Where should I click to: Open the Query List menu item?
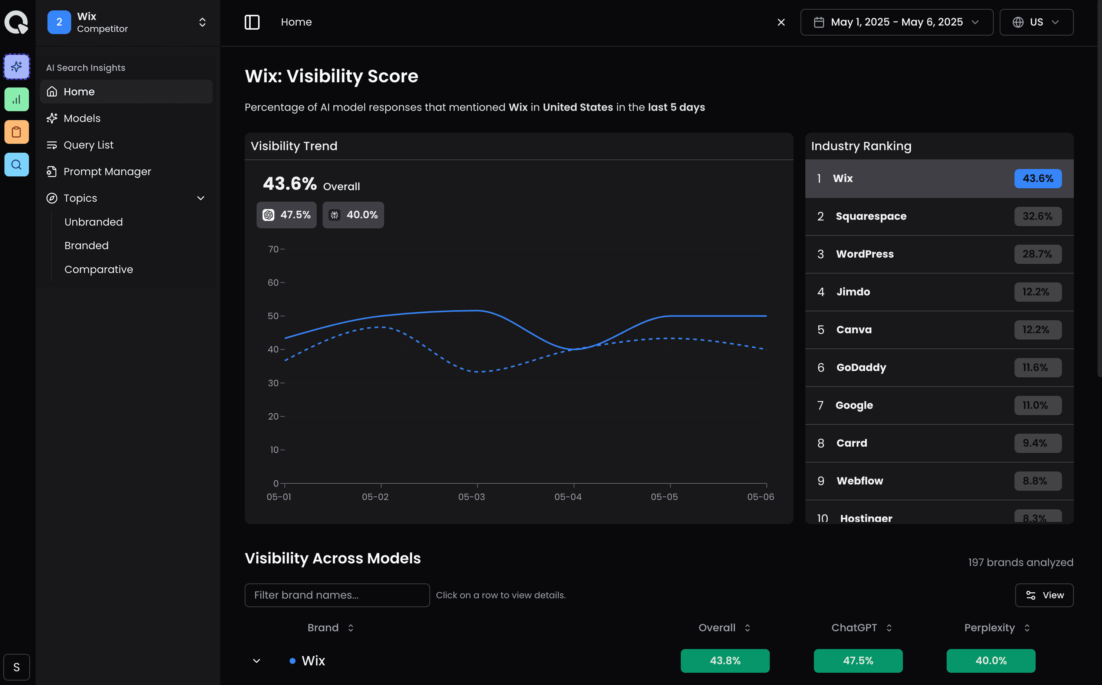tap(88, 145)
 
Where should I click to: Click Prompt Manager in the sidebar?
tap(107, 172)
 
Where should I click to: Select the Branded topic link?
tap(86, 245)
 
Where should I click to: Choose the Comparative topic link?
tap(99, 269)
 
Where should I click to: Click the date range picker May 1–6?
tap(896, 22)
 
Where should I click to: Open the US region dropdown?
tap(1036, 22)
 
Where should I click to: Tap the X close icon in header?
tap(781, 22)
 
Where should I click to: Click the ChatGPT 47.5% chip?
tap(286, 215)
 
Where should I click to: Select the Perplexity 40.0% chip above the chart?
tap(353, 215)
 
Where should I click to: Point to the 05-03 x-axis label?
tap(471, 497)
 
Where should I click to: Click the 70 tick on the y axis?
tap(273, 249)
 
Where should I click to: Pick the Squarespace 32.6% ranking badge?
tap(1037, 216)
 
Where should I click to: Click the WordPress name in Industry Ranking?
tap(865, 254)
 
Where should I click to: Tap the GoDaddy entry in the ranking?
tap(861, 367)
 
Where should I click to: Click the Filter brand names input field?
tap(337, 595)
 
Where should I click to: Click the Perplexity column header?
tap(990, 628)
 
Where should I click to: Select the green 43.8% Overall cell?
tap(725, 661)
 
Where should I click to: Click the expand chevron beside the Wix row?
tap(257, 661)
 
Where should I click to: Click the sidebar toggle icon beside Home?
tap(252, 22)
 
